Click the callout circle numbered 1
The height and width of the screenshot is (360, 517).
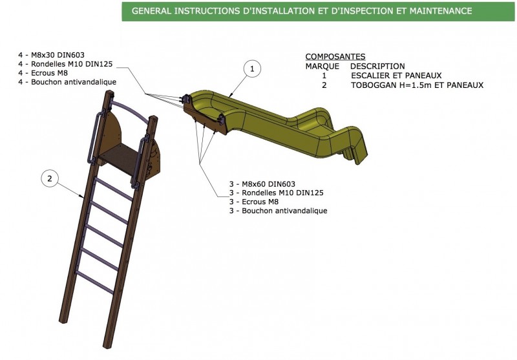[253, 67]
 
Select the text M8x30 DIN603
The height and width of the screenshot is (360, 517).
[56, 54]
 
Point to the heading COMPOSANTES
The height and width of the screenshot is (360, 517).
[335, 57]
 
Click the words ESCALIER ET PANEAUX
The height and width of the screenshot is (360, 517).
[396, 76]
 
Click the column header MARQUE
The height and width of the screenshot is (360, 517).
[322, 66]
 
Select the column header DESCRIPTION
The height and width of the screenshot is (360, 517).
[377, 66]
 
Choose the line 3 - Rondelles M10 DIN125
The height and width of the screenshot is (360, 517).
[276, 193]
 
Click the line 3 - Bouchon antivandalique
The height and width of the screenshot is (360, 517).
[278, 211]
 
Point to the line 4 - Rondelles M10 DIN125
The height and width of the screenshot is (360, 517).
[61, 63]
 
